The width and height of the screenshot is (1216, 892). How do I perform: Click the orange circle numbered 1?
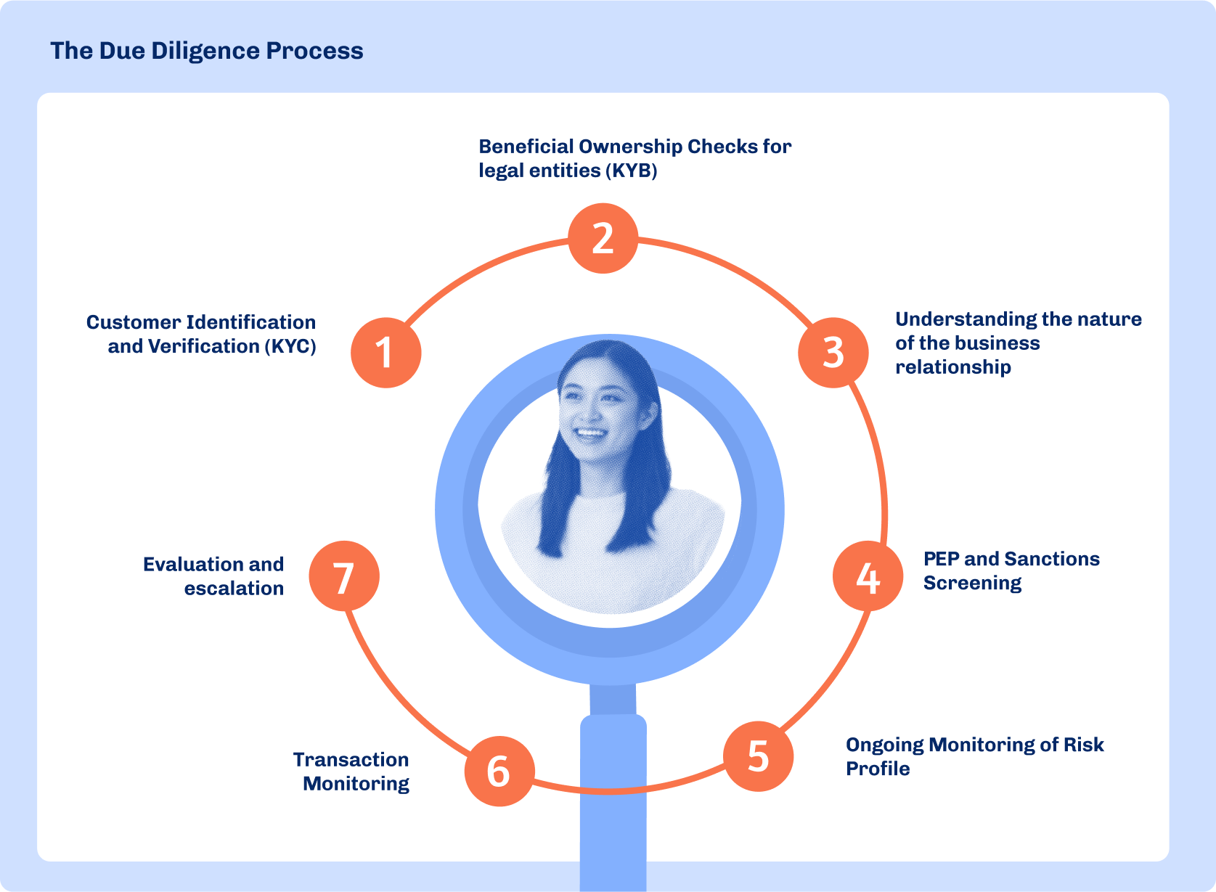click(x=385, y=353)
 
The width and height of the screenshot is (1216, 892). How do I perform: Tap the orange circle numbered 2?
click(x=603, y=238)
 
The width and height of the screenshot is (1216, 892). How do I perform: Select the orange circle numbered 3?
click(x=833, y=352)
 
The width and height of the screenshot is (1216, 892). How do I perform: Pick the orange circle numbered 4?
click(x=868, y=576)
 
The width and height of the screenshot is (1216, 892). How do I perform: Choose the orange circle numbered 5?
click(x=758, y=756)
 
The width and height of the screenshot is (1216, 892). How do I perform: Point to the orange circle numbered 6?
click(x=499, y=771)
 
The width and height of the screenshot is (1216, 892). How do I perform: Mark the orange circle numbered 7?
click(x=344, y=576)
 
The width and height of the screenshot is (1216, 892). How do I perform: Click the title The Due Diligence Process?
click(x=207, y=51)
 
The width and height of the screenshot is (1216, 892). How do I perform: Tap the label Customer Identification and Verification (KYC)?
click(x=202, y=334)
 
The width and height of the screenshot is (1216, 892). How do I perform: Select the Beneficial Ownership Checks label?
click(x=634, y=158)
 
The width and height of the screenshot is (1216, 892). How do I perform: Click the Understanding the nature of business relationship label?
click(x=1018, y=343)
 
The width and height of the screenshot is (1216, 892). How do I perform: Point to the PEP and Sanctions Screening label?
click(x=1011, y=570)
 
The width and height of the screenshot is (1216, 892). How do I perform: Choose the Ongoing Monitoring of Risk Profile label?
click(x=974, y=756)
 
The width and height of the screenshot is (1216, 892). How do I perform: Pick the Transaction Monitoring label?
click(x=352, y=772)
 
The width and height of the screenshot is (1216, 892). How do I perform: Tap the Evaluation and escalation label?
click(x=214, y=576)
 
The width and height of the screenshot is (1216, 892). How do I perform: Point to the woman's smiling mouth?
click(x=590, y=434)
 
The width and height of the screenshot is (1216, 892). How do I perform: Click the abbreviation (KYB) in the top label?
click(x=634, y=171)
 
